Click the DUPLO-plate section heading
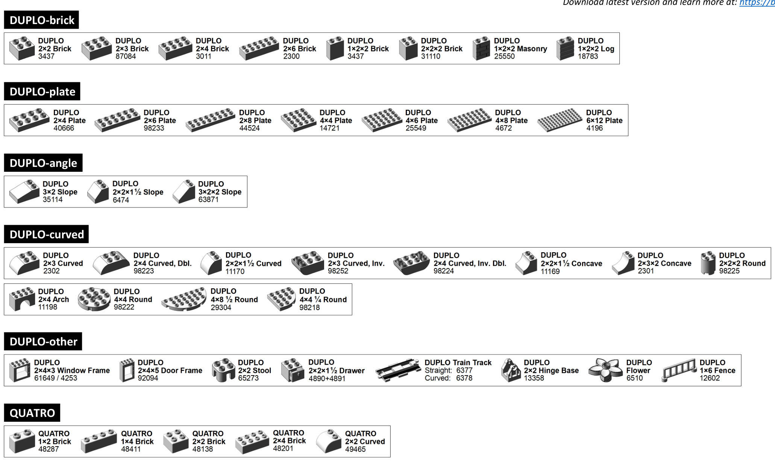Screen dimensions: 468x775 pyautogui.click(x=42, y=91)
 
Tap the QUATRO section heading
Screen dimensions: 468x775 pyautogui.click(x=32, y=413)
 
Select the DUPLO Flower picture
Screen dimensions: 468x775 pyautogui.click(x=605, y=370)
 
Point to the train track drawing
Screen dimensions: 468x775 pyautogui.click(x=398, y=370)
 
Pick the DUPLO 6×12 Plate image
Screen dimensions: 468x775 pyautogui.click(x=560, y=120)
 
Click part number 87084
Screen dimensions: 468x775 pyautogui.click(x=126, y=56)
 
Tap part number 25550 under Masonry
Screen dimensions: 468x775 pyautogui.click(x=504, y=56)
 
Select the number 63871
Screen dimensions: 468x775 pyautogui.click(x=208, y=200)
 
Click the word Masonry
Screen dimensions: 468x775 pyautogui.click(x=532, y=48)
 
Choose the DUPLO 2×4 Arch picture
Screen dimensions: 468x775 pyautogui.click(x=22, y=299)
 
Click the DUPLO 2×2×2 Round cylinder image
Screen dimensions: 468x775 pyautogui.click(x=708, y=263)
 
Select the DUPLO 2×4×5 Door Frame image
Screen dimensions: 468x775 pyautogui.click(x=127, y=370)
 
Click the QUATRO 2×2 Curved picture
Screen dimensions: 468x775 pyautogui.click(x=329, y=441)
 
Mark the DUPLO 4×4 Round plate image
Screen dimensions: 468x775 pyautogui.click(x=94, y=299)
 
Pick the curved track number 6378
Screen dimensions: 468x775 pyautogui.click(x=464, y=378)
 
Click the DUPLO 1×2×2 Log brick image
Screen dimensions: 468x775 pyautogui.click(x=565, y=48)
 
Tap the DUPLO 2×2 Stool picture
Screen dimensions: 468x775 pyautogui.click(x=224, y=370)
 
